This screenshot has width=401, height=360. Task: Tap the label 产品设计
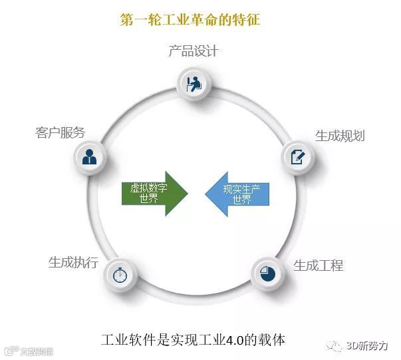(x=194, y=51)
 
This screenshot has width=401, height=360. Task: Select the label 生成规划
(x=340, y=136)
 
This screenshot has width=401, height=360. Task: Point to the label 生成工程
(x=319, y=266)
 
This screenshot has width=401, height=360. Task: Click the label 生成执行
(x=73, y=262)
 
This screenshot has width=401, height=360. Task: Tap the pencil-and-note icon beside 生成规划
(x=297, y=156)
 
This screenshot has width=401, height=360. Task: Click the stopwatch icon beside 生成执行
(x=120, y=274)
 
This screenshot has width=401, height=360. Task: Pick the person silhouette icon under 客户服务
(x=89, y=157)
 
